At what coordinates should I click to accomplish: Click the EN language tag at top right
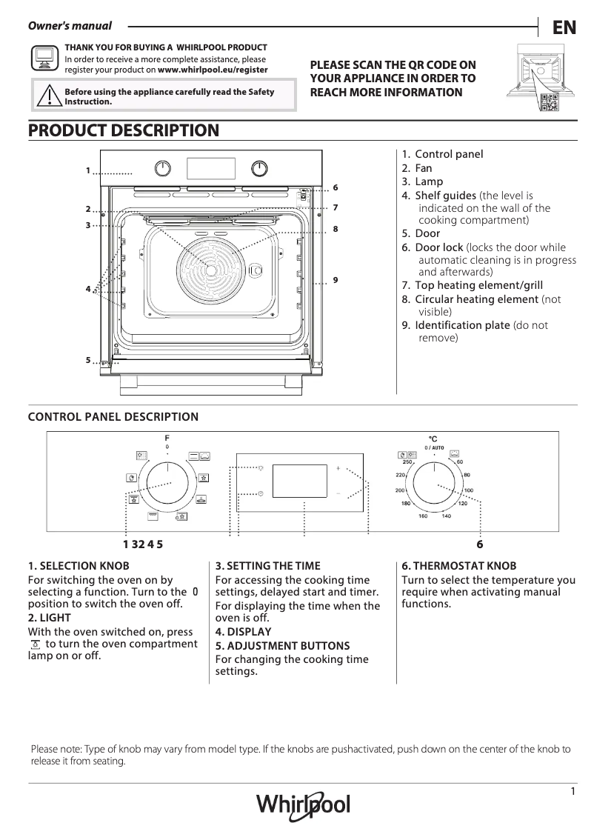point(564,27)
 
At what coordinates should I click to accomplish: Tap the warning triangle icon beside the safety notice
point(48,96)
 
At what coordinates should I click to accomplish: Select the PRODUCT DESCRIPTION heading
point(124,131)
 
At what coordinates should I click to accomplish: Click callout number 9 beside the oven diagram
point(336,279)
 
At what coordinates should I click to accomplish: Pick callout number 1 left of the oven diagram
point(87,170)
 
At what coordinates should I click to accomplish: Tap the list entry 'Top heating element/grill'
point(478,285)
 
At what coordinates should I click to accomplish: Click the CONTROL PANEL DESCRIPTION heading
point(113,417)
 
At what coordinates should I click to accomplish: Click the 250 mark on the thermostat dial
point(407,462)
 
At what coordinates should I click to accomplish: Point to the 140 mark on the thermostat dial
point(446,516)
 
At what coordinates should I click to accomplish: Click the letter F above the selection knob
point(167,439)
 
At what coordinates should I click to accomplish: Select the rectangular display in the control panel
point(300,481)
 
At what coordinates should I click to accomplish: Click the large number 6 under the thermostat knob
point(480,544)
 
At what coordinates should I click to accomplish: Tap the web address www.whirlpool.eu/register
point(213,70)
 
